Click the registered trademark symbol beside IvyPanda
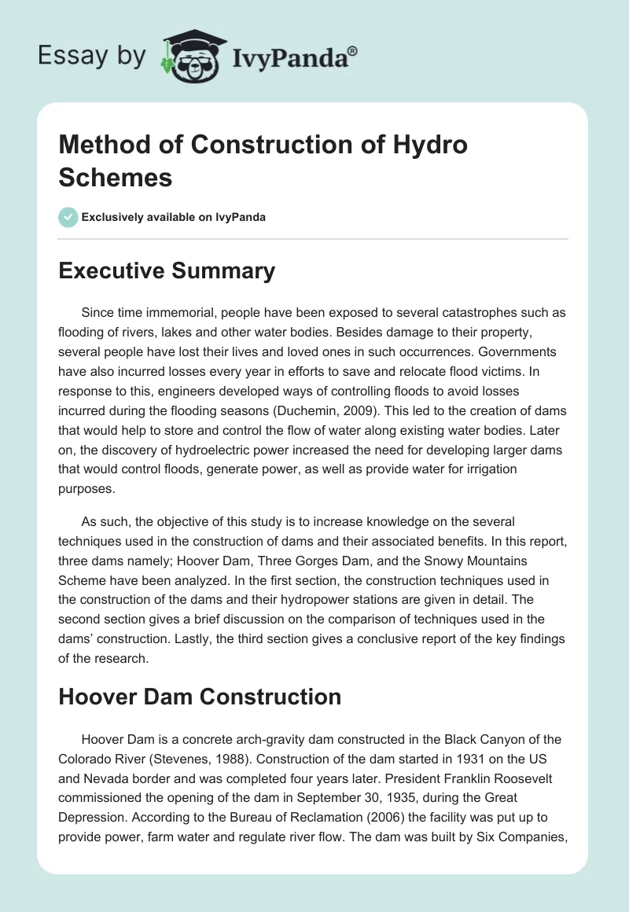pos(352,52)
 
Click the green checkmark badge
pos(68,217)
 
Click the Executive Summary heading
pos(167,270)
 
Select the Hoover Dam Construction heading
pos(200,696)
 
